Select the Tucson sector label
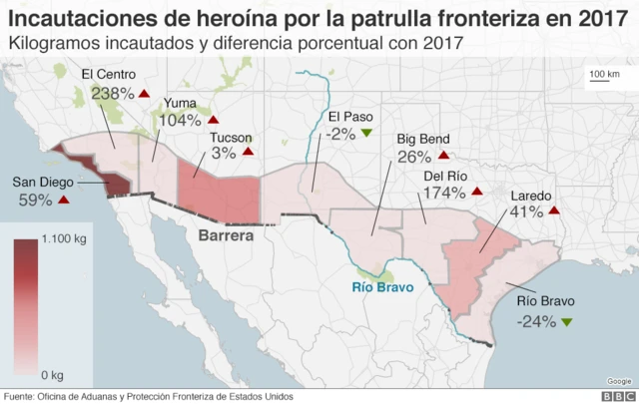point(231,138)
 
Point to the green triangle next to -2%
point(366,134)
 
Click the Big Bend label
point(423,139)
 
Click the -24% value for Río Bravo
point(536,321)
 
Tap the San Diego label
point(41,183)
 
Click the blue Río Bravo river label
point(382,287)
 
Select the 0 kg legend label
point(51,374)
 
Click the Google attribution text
point(618,380)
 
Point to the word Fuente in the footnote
point(21,396)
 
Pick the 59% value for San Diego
point(35,200)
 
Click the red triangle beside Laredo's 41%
point(552,211)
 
